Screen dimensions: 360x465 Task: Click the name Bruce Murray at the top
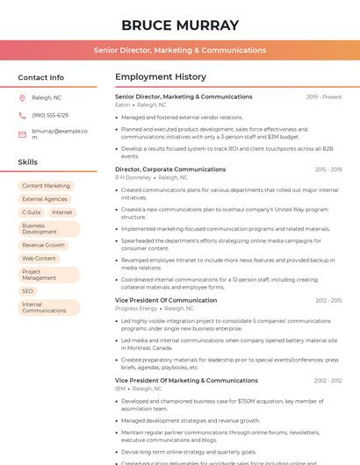tap(180, 25)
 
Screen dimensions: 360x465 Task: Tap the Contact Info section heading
tap(41, 77)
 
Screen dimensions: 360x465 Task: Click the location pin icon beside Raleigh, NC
tap(22, 97)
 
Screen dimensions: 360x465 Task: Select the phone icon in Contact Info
tap(22, 115)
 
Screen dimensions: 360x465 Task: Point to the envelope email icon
tap(22, 134)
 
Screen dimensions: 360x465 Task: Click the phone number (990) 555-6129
tap(50, 115)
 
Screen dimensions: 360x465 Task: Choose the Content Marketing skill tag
tap(46, 186)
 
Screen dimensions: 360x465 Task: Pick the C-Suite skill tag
tap(31, 212)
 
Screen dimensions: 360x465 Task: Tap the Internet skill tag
tap(61, 212)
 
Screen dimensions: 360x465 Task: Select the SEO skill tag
tap(27, 290)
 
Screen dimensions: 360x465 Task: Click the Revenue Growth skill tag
tap(43, 246)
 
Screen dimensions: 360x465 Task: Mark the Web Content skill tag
tap(39, 259)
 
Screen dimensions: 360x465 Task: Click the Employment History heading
tap(161, 77)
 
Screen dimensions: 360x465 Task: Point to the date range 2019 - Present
tap(324, 97)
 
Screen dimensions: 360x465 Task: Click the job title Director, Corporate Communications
tap(170, 169)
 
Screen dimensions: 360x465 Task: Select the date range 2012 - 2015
tap(328, 300)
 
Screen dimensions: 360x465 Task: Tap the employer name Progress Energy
tap(136, 308)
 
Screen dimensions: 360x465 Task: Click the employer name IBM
tap(120, 389)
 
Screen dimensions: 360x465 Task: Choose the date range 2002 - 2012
tap(328, 381)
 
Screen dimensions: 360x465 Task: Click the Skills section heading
tap(28, 162)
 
